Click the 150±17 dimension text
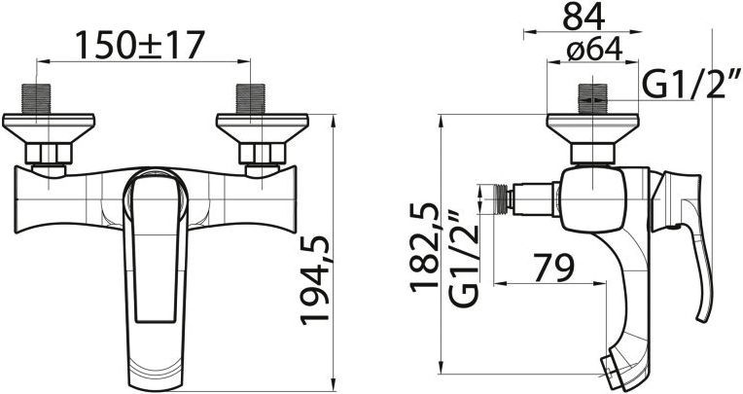(142, 45)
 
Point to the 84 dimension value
(584, 17)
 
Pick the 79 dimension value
(551, 264)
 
